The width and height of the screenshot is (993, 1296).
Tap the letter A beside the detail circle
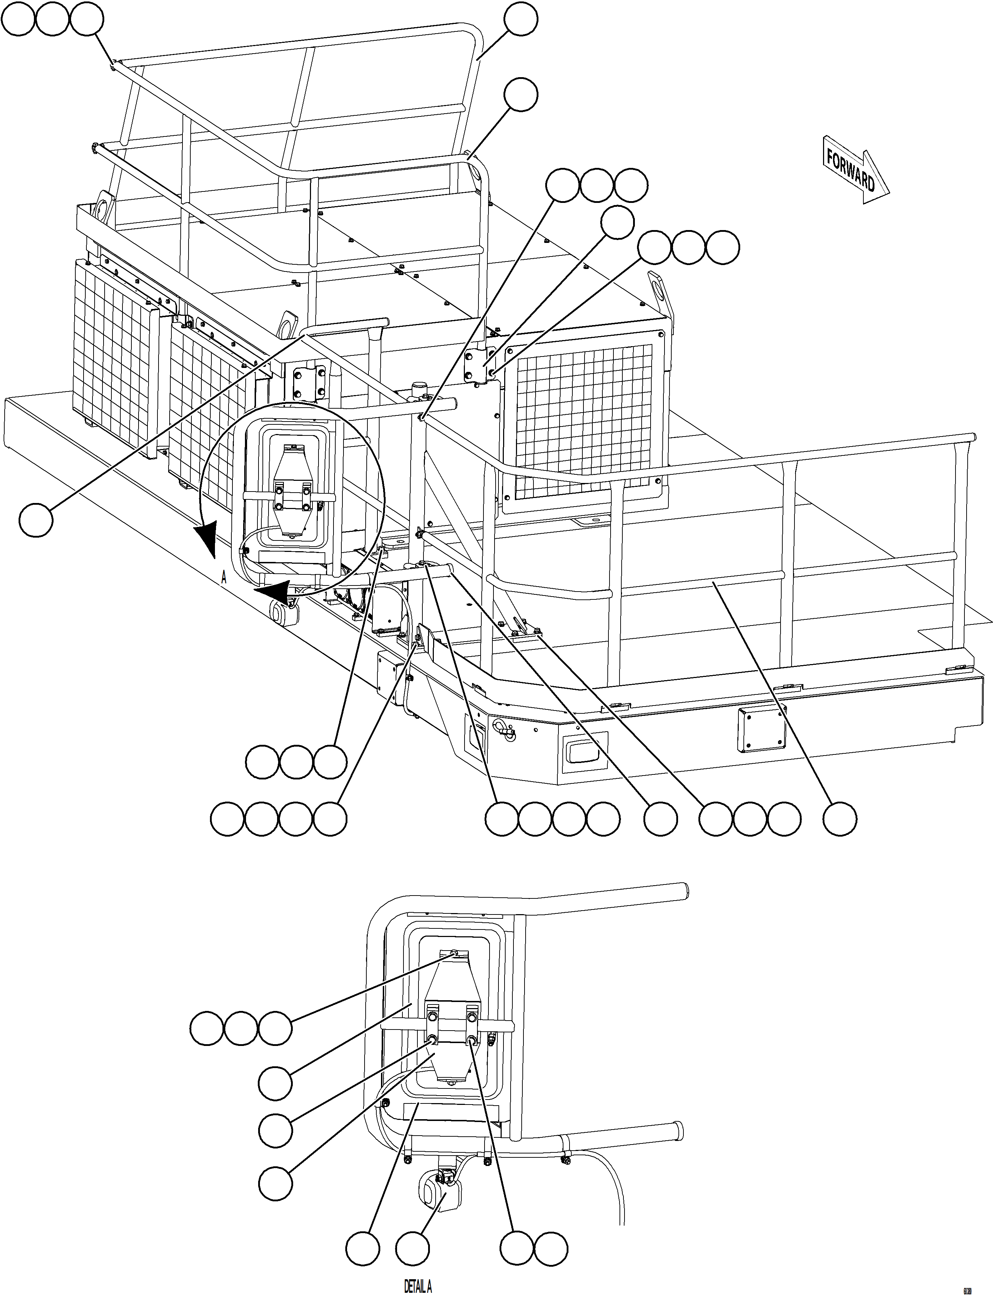coord(224,578)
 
